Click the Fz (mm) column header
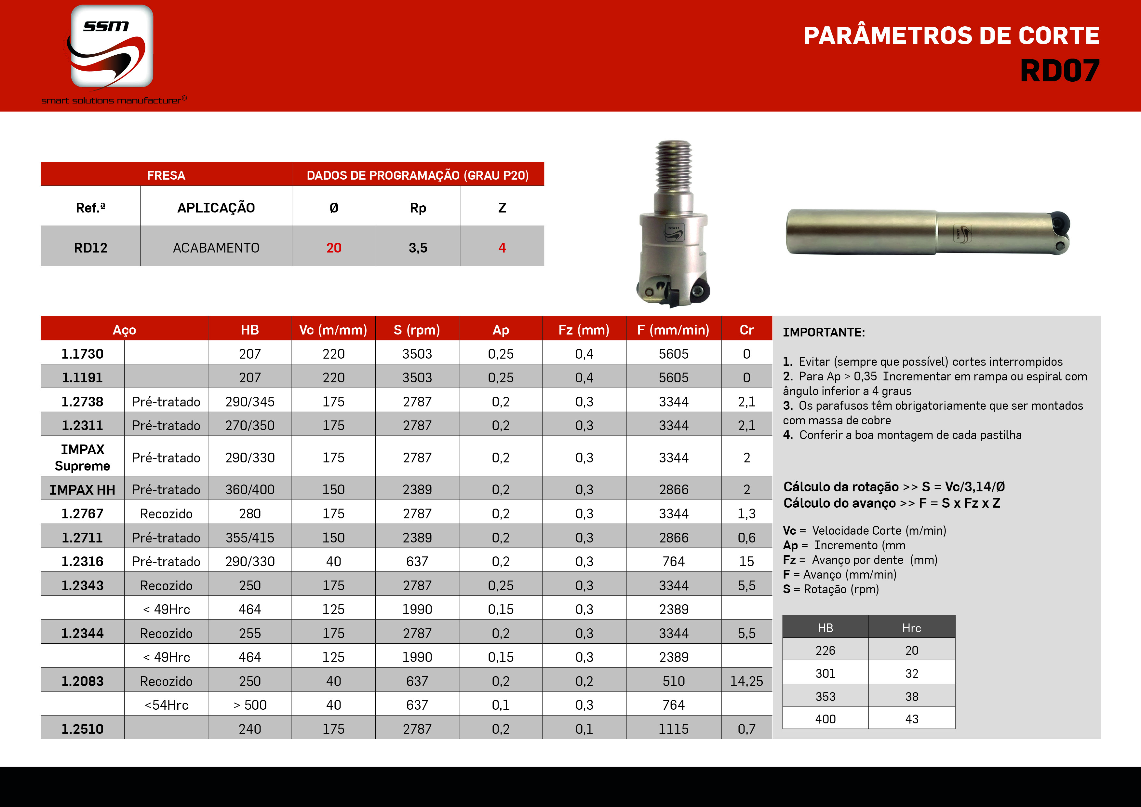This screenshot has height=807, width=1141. point(584,330)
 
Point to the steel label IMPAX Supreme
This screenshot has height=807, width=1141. point(83,458)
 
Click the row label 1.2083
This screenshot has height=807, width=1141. point(83,681)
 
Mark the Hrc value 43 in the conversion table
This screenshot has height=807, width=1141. point(911,719)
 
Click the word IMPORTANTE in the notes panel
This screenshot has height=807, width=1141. point(824,332)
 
